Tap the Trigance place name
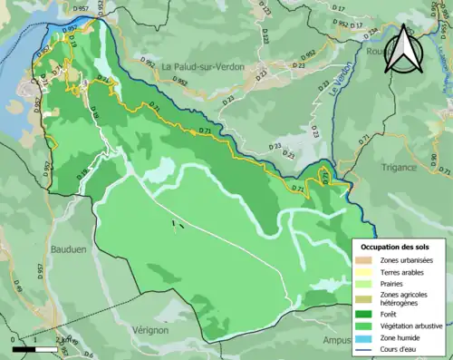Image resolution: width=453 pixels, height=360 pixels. click(399, 167)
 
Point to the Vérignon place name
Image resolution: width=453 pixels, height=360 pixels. click(149, 330)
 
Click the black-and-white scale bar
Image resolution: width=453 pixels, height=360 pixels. click(36, 347)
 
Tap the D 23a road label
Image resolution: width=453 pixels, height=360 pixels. click(372, 33)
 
